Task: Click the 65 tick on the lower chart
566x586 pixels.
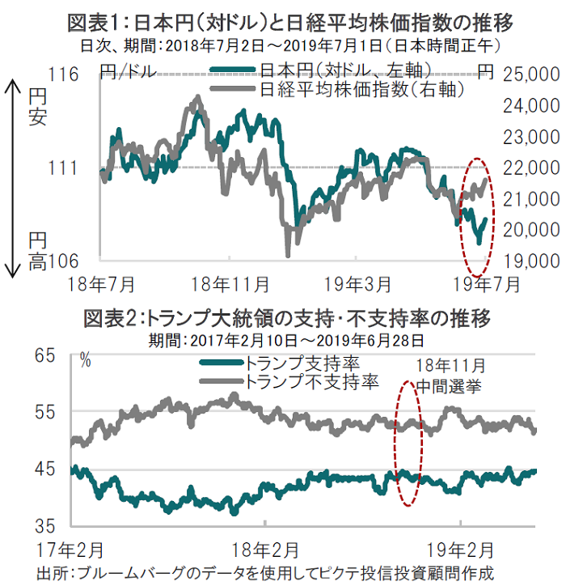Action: click(x=43, y=355)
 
